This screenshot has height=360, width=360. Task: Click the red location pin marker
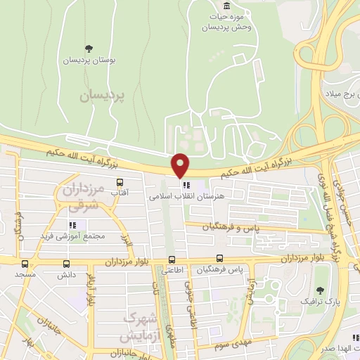(x=181, y=165)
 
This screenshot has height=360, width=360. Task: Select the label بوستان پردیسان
(x=89, y=60)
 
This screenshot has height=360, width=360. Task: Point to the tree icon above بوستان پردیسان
(x=89, y=49)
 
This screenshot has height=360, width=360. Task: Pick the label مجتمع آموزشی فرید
(x=72, y=236)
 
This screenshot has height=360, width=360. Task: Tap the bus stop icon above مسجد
(x=26, y=264)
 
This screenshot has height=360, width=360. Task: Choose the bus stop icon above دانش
(x=67, y=264)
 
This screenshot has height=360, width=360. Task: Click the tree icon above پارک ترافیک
(x=321, y=290)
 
